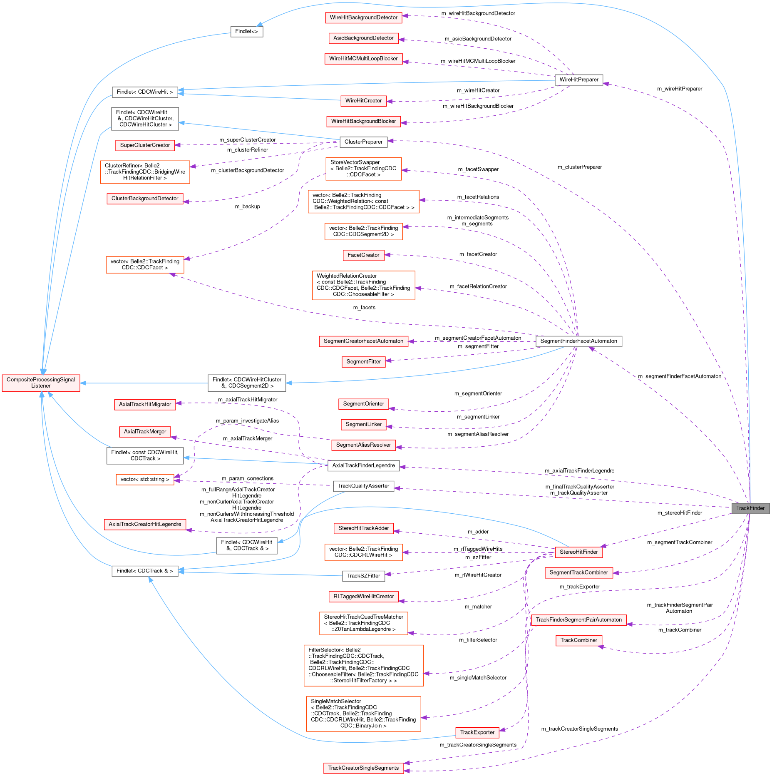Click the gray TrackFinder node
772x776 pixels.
tap(750, 508)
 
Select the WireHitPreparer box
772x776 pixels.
tap(578, 80)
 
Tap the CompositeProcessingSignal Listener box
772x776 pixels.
tap(41, 383)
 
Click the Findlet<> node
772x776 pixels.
tap(246, 31)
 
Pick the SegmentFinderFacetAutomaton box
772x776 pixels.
tap(578, 341)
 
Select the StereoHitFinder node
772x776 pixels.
tap(578, 552)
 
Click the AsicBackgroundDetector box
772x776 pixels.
tap(363, 38)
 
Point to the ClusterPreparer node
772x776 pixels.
tap(363, 142)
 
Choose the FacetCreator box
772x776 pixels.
tap(363, 255)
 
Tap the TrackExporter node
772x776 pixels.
tap(477, 732)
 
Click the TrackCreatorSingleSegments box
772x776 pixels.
tap(363, 768)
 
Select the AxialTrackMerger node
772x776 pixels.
tap(145, 431)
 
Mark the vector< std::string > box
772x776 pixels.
tap(145, 479)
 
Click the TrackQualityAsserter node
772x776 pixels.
tap(363, 486)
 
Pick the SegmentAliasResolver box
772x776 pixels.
tap(363, 445)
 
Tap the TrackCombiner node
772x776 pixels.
tap(578, 640)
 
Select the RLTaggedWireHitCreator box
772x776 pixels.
tap(363, 596)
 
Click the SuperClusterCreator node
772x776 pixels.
tap(145, 145)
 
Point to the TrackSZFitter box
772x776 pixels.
tap(363, 576)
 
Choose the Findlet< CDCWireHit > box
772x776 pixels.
tap(145, 92)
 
